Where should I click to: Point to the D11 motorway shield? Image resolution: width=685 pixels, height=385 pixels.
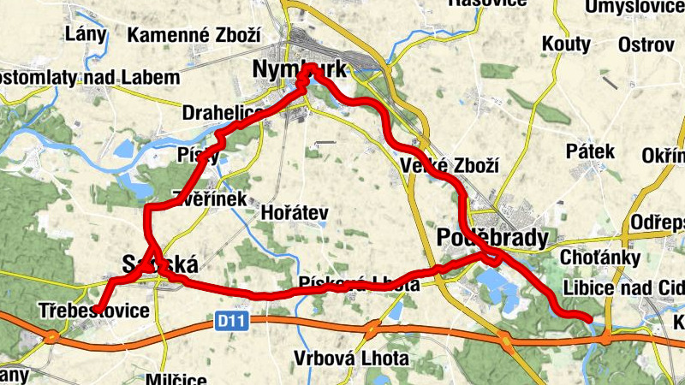[x=224, y=322]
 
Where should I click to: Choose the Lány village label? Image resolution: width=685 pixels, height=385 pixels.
[x=86, y=34]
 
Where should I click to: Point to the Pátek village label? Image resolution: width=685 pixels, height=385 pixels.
[x=591, y=151]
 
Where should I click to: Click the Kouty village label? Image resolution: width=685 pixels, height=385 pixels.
[x=566, y=44]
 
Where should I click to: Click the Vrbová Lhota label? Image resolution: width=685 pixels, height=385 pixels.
[x=351, y=358]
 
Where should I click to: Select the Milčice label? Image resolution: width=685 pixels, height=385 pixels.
[x=177, y=379]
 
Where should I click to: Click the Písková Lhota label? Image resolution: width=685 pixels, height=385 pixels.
[x=360, y=284]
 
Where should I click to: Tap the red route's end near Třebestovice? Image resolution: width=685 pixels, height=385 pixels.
[x=97, y=309]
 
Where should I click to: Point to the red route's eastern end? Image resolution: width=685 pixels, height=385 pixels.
[x=591, y=320]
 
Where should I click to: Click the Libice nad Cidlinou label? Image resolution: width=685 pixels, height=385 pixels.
[x=623, y=287]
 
